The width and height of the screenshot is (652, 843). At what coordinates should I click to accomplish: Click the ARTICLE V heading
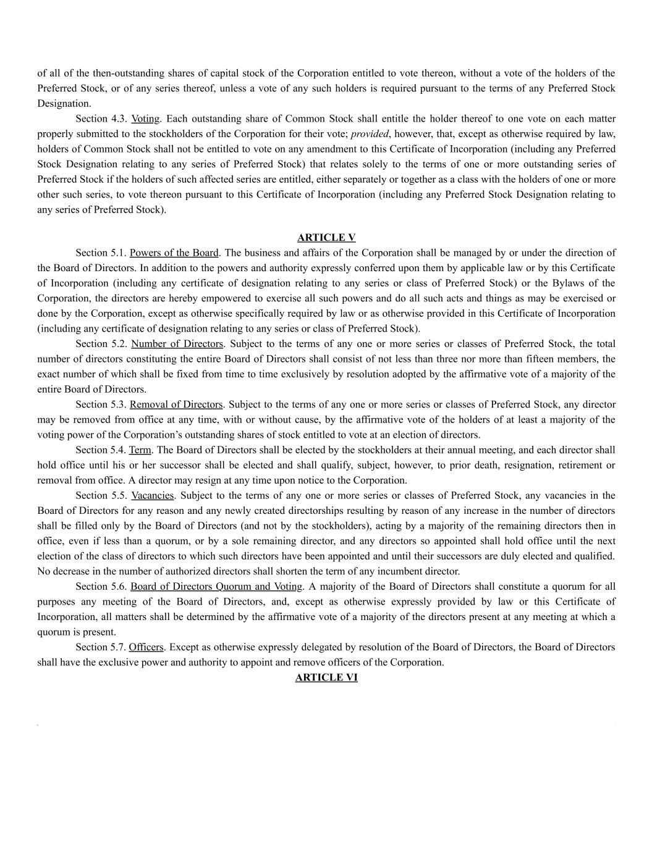[326, 238]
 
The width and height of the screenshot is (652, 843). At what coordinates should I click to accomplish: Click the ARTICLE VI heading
[326, 677]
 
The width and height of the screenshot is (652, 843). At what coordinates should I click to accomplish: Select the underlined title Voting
[145, 119]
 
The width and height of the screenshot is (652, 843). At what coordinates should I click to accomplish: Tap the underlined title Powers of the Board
[174, 253]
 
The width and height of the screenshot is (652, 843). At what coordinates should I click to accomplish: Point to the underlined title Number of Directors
[177, 344]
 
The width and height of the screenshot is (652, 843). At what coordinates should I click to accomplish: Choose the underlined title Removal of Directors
[176, 405]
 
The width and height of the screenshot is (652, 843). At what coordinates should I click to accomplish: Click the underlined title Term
[140, 450]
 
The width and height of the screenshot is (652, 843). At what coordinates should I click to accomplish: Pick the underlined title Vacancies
[152, 495]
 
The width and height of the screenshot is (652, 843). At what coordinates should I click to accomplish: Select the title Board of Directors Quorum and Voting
[216, 587]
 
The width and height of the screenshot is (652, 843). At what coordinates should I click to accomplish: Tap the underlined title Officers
[146, 647]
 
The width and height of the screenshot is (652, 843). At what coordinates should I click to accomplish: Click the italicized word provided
[370, 134]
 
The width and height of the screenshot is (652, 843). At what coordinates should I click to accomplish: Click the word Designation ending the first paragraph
[64, 104]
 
